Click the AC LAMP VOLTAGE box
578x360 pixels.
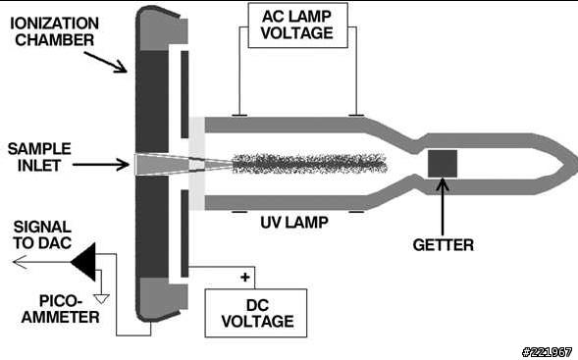point(298,26)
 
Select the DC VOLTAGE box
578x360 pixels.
point(256,313)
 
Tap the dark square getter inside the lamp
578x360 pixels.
point(443,164)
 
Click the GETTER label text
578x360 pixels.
point(444,245)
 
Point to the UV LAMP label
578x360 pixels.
point(294,223)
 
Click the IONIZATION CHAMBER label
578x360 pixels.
point(54,31)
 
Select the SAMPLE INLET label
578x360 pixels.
point(39,157)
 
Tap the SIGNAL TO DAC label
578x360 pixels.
point(42,234)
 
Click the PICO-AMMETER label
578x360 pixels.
point(61,309)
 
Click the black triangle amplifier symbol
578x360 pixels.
point(85,262)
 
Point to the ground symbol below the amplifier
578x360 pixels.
point(102,298)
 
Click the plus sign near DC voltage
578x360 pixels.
point(244,277)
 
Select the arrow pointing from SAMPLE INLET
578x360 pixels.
point(101,165)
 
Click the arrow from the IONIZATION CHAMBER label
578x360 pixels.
point(105,62)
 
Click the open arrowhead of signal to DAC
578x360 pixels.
point(20,262)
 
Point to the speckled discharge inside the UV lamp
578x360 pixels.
point(310,164)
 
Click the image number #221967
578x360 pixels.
point(547,352)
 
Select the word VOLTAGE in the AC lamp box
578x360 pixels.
point(297,33)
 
